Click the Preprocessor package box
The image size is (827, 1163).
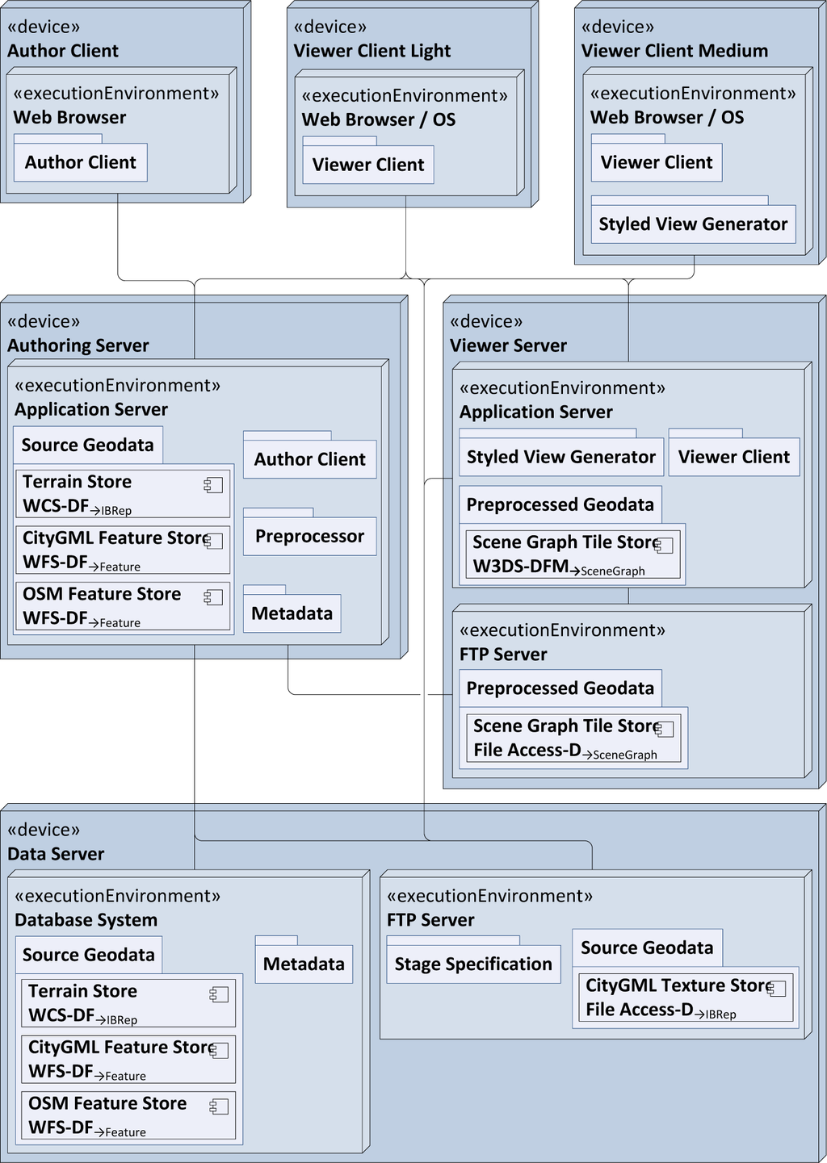tap(309, 536)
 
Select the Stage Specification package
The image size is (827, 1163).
tap(473, 964)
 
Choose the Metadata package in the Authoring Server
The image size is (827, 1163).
tap(292, 613)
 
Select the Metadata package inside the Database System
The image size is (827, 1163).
tap(304, 964)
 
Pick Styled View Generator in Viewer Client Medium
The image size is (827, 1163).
tap(693, 224)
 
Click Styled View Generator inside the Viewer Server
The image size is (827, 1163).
tap(561, 457)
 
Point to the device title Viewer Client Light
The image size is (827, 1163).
tap(372, 51)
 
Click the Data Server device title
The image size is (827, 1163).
tap(56, 854)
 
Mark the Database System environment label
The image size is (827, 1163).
tap(86, 920)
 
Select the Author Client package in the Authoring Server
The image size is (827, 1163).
tap(309, 459)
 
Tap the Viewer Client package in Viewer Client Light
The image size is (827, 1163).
tap(368, 165)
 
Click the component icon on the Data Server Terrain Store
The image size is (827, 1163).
tap(219, 994)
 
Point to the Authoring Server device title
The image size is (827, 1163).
tap(78, 345)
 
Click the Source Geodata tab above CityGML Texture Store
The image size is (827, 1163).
tap(647, 948)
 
